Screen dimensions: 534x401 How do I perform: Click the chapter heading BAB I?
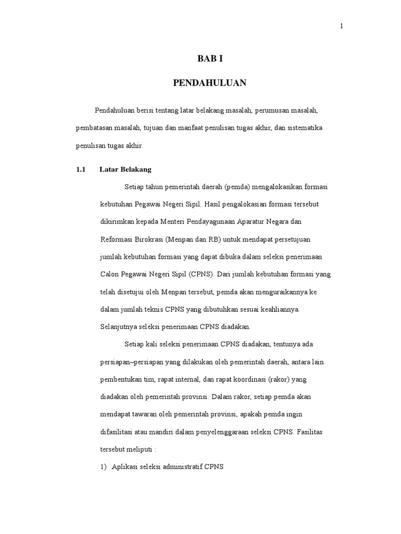click(x=210, y=59)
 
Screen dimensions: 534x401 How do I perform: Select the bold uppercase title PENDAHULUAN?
click(x=210, y=82)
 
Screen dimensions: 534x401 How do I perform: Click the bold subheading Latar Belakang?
click(x=125, y=169)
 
